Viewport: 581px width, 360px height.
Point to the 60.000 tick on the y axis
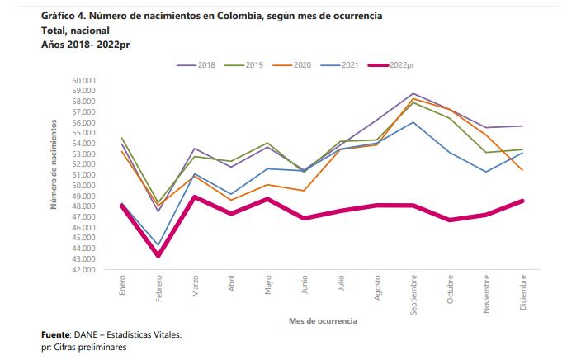pos(85,80)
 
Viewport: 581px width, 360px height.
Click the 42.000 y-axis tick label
pos(85,270)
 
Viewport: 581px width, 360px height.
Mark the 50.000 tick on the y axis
pos(85,186)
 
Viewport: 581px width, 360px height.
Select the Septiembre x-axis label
pos(413,292)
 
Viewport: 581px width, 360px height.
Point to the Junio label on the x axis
pos(305,286)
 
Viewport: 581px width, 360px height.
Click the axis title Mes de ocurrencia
pos(323,319)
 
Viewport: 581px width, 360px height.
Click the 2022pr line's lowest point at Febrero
pos(158,255)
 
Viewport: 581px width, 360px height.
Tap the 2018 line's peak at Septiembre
pos(413,93)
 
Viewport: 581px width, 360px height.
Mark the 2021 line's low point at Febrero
pos(158,245)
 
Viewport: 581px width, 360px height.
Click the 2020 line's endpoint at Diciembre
pos(523,170)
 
